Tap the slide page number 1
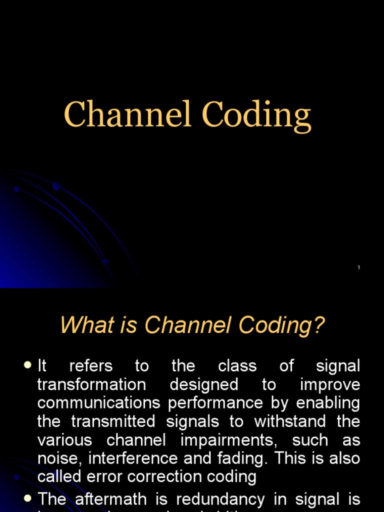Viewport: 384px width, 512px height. point(359,268)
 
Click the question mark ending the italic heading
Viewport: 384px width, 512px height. point(319,326)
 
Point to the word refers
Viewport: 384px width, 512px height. point(91,366)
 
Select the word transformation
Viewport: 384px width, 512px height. point(92,384)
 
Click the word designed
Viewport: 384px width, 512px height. point(204,384)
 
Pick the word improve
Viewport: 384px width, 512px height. point(330,384)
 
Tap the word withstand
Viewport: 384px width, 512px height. point(290,421)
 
